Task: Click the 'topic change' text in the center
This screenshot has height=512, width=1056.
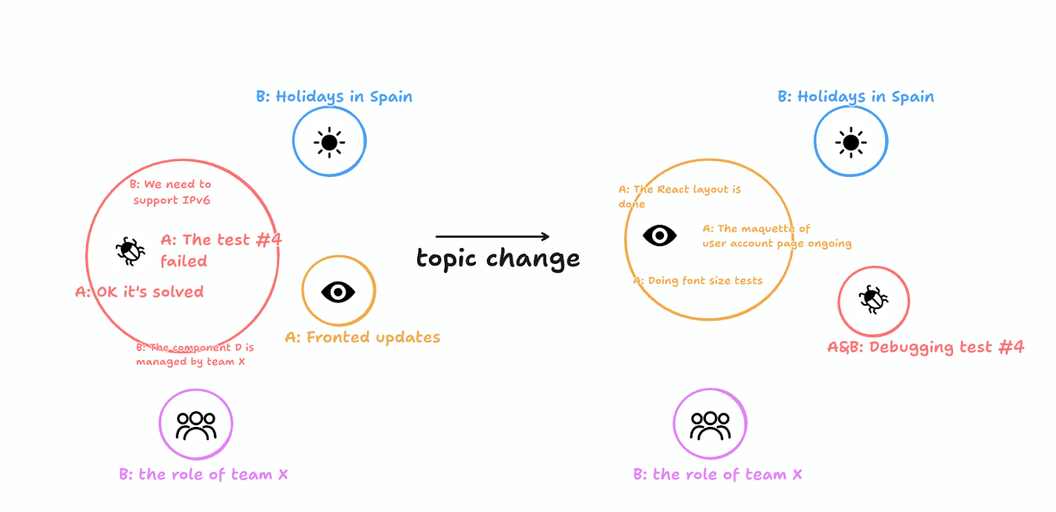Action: (498, 259)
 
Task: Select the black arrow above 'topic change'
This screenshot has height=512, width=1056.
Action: (492, 236)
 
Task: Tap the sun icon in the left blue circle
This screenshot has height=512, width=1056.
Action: (329, 142)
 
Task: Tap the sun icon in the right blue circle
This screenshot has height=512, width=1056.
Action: (851, 142)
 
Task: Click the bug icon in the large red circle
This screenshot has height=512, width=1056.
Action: (130, 251)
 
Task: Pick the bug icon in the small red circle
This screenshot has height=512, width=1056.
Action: (873, 300)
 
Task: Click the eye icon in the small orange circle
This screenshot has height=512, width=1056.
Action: (338, 292)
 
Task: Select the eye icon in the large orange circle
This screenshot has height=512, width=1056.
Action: (659, 236)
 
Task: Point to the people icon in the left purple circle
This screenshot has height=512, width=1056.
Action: (196, 426)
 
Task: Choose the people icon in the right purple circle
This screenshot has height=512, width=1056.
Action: (710, 426)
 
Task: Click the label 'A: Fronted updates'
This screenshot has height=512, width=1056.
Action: (362, 338)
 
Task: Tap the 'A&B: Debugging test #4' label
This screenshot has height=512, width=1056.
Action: (925, 348)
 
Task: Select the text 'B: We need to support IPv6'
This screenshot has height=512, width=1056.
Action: (171, 192)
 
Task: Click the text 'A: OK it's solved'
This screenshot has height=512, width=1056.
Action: (139, 292)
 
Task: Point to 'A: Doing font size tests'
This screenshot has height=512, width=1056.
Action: (698, 281)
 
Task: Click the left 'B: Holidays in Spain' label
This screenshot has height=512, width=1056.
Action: (334, 97)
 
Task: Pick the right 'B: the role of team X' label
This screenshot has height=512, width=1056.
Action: (717, 475)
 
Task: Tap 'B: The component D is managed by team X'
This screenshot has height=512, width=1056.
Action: (194, 354)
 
